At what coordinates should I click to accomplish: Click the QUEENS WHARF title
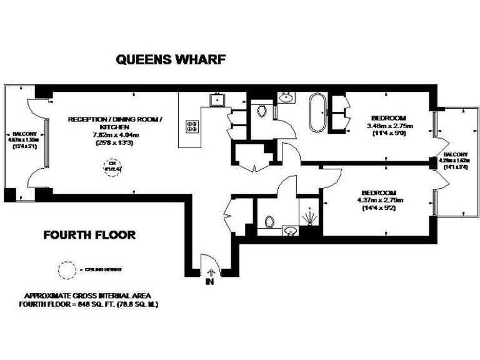tap(170, 61)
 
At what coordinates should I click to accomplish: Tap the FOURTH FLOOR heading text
tap(89, 235)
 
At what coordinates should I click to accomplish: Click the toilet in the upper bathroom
tap(262, 111)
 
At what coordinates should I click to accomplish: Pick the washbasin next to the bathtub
tap(287, 97)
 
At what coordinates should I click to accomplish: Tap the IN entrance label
tap(209, 282)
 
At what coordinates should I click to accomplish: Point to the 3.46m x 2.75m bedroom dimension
tap(388, 126)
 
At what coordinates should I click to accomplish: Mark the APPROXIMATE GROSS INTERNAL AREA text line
tap(91, 296)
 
